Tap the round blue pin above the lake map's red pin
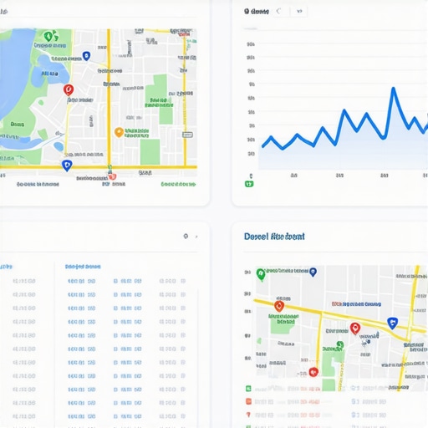point(86,56)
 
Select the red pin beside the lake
point(69,89)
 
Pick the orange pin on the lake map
point(119,132)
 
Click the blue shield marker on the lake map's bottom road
point(67,166)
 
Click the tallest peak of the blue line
point(391,88)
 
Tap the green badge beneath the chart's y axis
point(248,183)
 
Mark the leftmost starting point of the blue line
point(262,147)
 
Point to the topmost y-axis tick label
point(251,45)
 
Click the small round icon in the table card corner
point(186,237)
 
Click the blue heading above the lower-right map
point(274,237)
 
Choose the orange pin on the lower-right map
point(279,307)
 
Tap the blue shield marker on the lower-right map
point(391,323)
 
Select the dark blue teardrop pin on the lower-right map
point(313,272)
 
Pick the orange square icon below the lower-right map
point(248,402)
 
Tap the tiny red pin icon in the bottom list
point(248,415)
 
